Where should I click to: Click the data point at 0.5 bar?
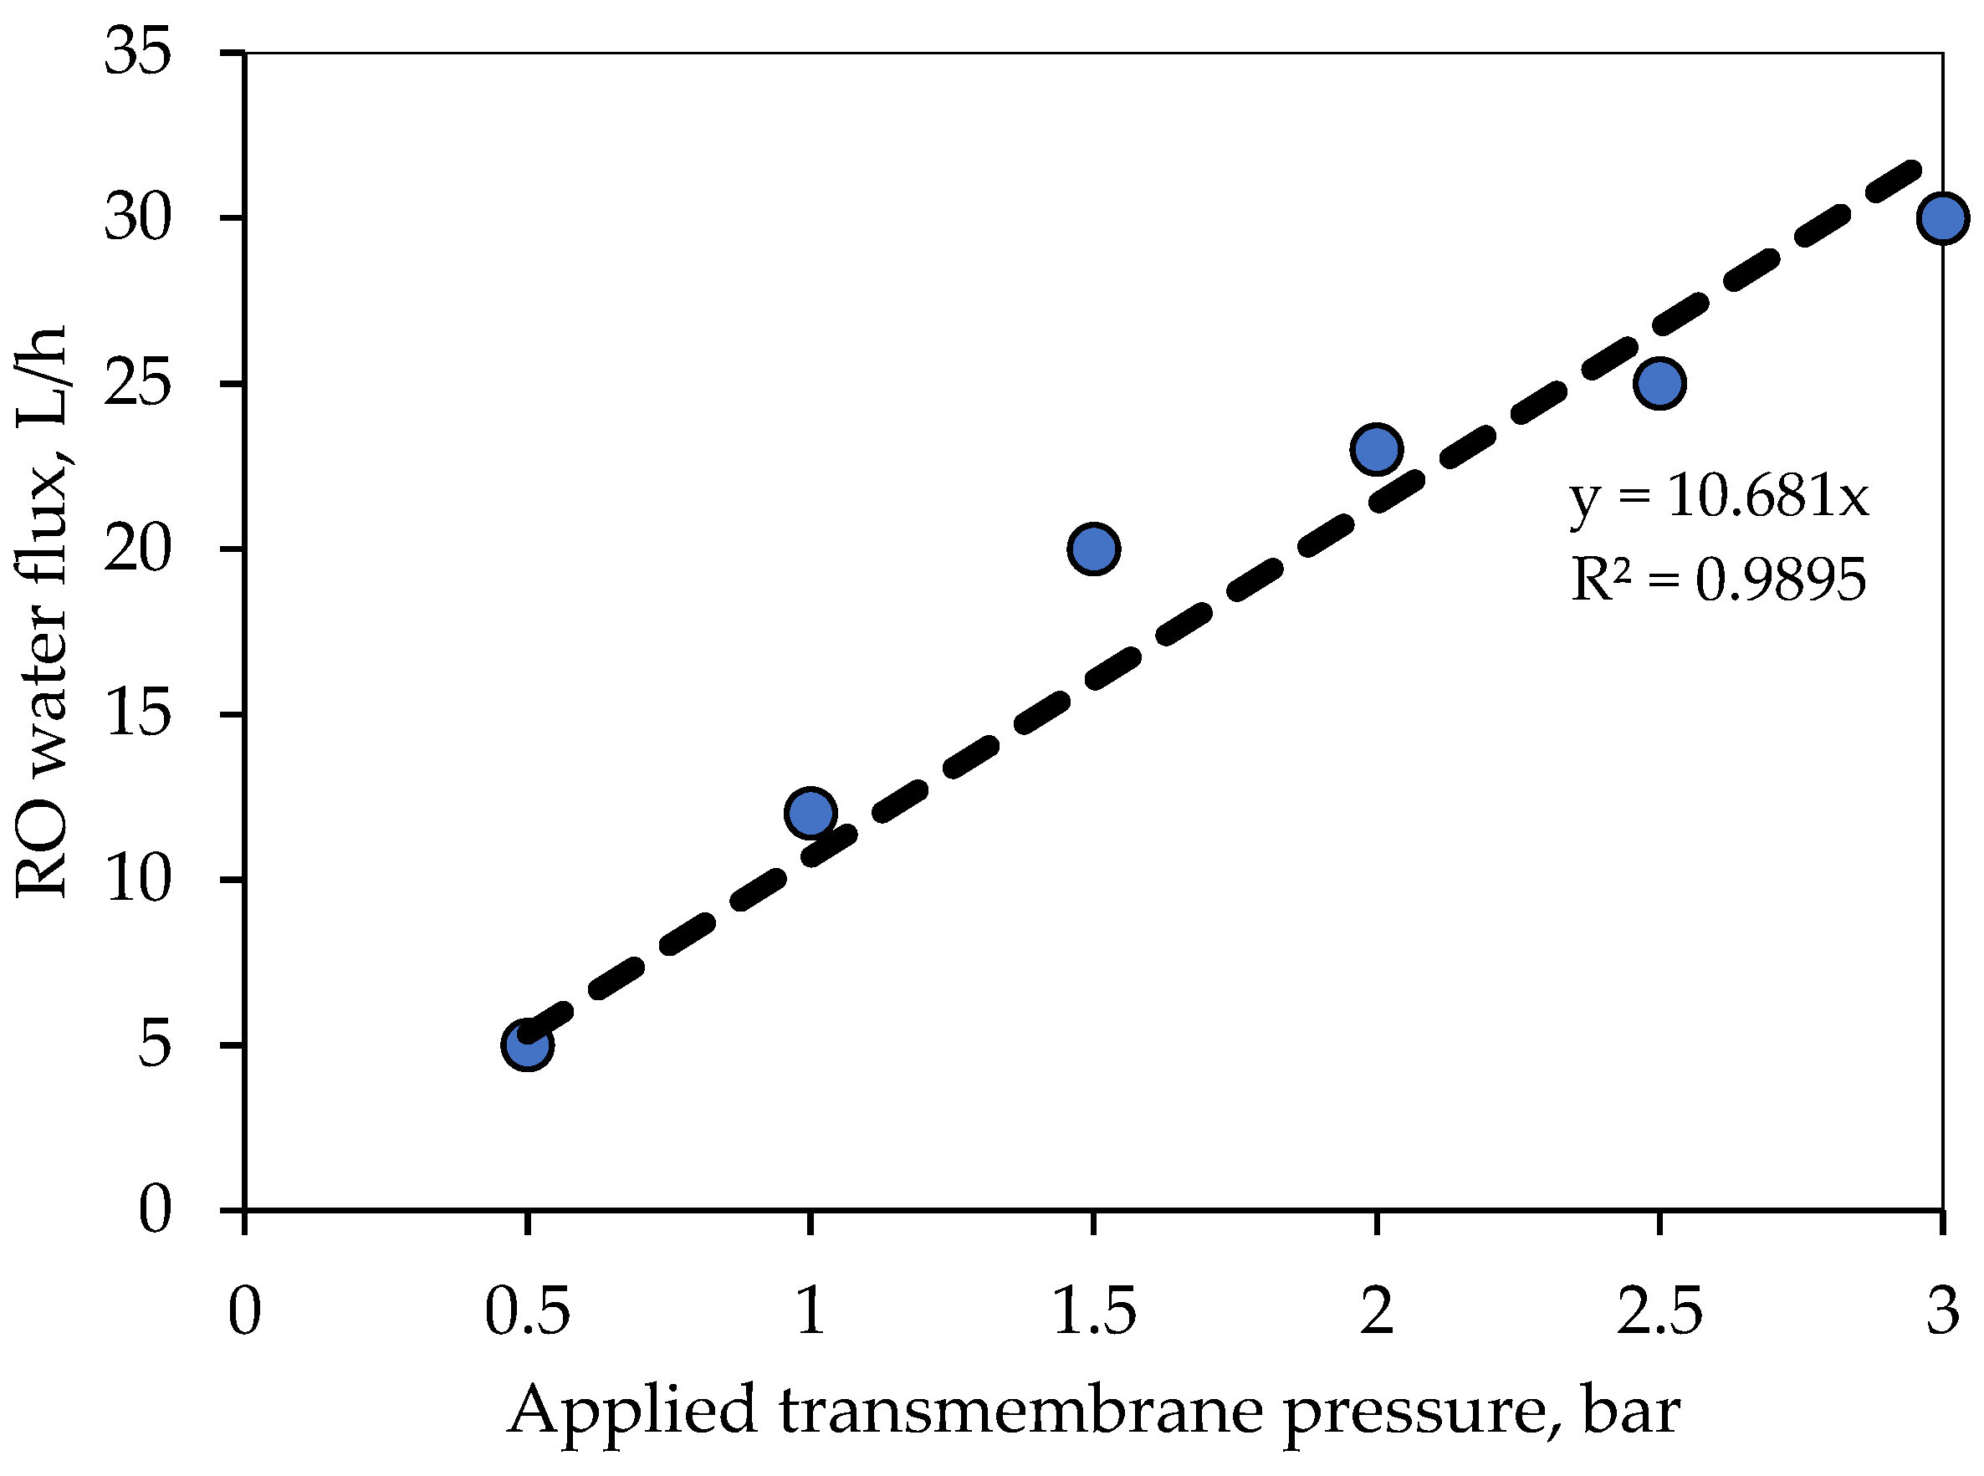(x=527, y=1044)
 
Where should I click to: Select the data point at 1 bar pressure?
(x=810, y=813)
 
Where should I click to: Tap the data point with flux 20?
(x=1093, y=549)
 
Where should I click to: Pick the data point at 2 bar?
(x=1376, y=448)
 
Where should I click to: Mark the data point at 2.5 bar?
(x=1659, y=383)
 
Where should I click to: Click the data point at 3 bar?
(x=1942, y=218)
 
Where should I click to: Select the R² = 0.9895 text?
(x=1718, y=580)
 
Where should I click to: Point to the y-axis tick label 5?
(x=153, y=1044)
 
